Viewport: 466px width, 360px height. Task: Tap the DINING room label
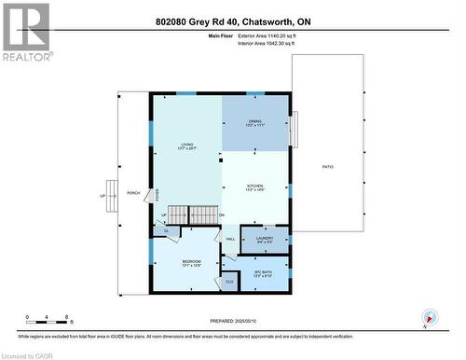(x=254, y=123)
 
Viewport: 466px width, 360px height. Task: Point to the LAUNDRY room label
(x=264, y=240)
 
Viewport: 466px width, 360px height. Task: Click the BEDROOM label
(x=191, y=263)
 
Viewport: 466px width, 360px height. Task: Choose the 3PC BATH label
(x=263, y=272)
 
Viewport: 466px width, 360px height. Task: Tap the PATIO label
(x=328, y=166)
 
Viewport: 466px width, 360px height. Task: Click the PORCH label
(x=133, y=182)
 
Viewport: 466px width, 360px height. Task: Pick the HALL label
(x=229, y=240)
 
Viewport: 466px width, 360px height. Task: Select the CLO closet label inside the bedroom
(x=228, y=280)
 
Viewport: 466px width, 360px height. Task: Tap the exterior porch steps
(x=112, y=196)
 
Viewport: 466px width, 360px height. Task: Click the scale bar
(x=48, y=323)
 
